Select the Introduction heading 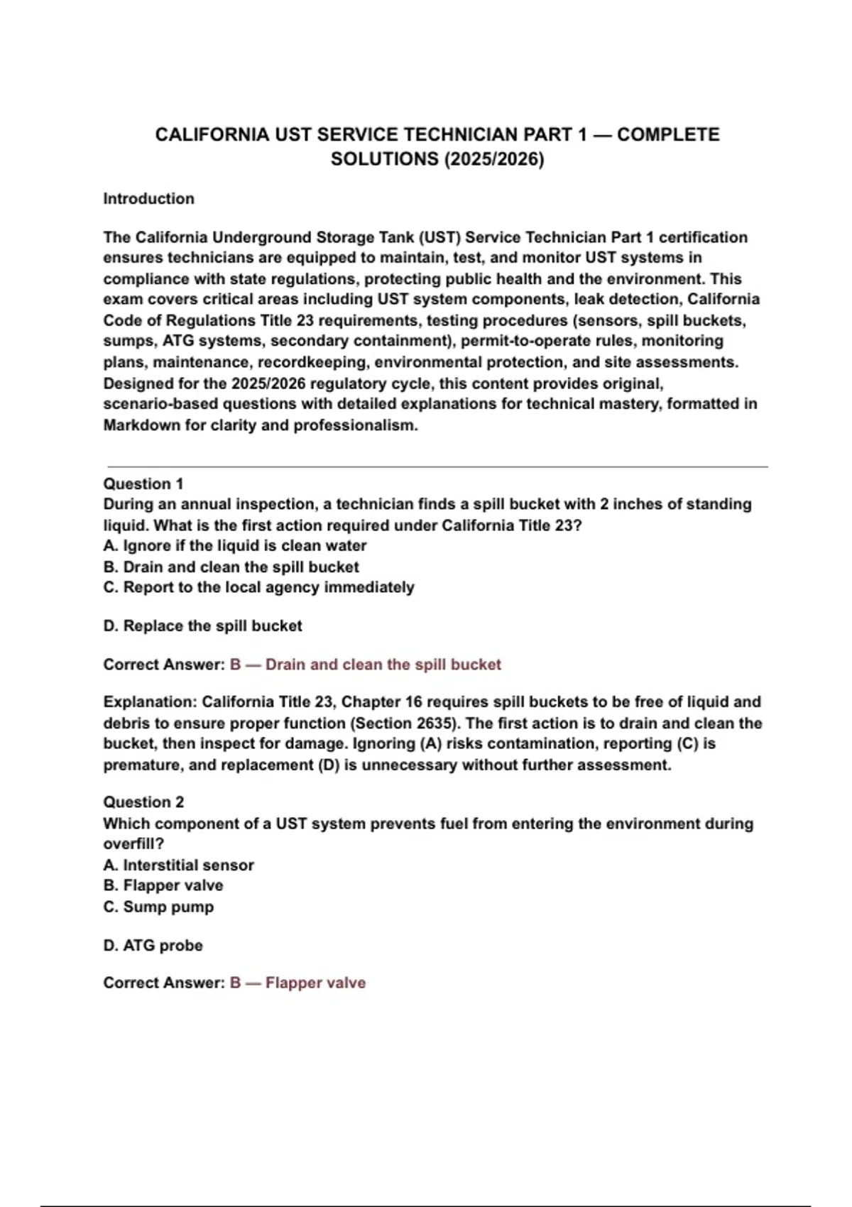tap(148, 199)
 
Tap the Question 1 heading tap(143, 484)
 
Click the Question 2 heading tap(143, 802)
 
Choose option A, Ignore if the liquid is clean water tap(235, 546)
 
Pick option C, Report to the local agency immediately tap(258, 587)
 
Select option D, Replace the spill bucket tap(202, 626)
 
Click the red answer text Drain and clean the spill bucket tap(383, 665)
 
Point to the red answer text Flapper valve tap(315, 983)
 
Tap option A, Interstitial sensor tap(178, 865)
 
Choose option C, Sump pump tap(158, 907)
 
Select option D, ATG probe tap(153, 945)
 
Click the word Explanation tap(149, 702)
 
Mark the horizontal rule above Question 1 tap(437, 466)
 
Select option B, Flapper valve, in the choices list tap(163, 885)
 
